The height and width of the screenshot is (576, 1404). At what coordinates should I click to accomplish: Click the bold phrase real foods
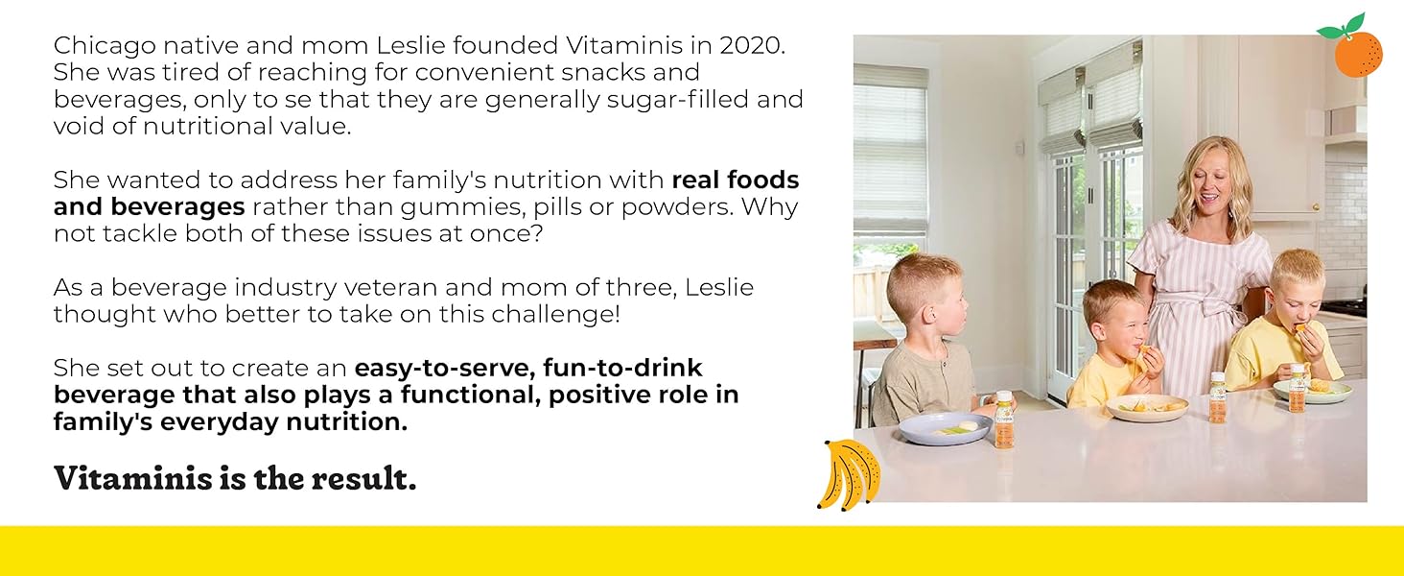[736, 180]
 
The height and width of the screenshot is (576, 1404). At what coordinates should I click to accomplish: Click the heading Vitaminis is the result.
[235, 478]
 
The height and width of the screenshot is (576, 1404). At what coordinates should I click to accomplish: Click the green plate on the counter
[1313, 390]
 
